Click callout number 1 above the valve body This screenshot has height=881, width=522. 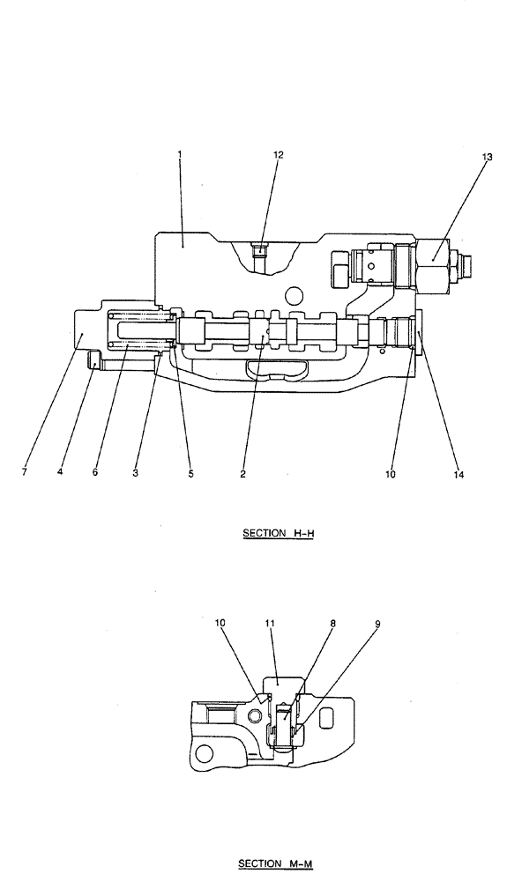[179, 154]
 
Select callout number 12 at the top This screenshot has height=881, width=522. [278, 154]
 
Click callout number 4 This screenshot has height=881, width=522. [60, 472]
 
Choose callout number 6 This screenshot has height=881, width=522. [95, 472]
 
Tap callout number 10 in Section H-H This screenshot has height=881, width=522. [391, 474]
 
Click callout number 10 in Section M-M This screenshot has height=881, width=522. [220, 623]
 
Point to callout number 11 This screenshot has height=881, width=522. [271, 623]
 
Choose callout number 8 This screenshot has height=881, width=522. [332, 623]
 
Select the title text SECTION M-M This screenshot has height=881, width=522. [275, 864]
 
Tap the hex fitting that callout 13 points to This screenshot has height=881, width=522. [433, 263]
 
